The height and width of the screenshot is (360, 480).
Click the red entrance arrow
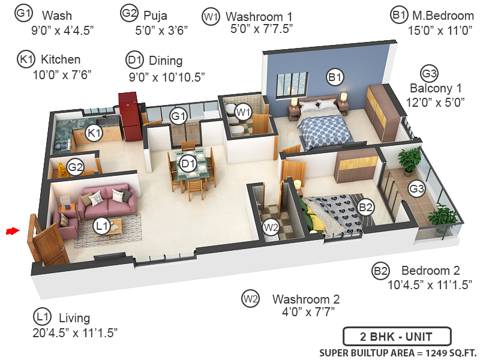click(11, 230)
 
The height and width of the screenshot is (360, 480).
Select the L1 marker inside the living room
click(102, 226)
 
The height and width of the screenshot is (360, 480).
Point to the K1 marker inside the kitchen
click(93, 133)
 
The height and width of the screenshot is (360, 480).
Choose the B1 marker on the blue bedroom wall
click(334, 77)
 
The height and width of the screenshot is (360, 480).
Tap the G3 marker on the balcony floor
click(416, 189)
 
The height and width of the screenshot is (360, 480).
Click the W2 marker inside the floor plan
click(271, 227)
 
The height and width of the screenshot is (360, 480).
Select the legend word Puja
click(155, 14)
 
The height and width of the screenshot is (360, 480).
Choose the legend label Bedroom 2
click(431, 270)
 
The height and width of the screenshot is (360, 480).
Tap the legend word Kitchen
click(60, 59)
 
